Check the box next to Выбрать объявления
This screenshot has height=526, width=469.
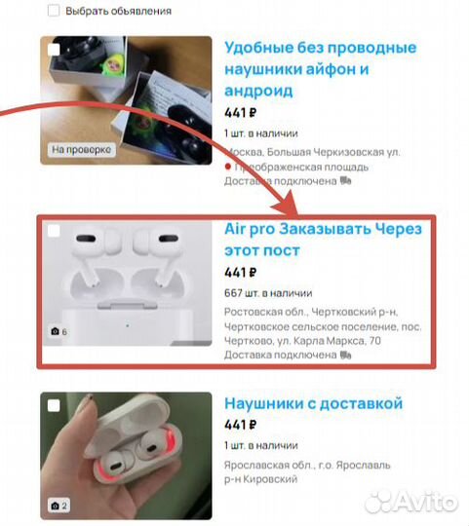coord(52,11)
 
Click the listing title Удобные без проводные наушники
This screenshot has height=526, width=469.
coord(320,68)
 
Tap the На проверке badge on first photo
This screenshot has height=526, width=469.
coord(81,150)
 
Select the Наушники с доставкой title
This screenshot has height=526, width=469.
coord(313,403)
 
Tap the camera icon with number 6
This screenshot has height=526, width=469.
coord(58,332)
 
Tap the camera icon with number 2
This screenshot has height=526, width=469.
coord(58,506)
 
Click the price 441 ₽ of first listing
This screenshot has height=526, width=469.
coord(240,112)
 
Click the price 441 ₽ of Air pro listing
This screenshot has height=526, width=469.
coord(240,272)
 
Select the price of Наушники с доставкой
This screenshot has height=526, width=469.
coord(240,425)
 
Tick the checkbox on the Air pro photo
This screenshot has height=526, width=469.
coord(53,232)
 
